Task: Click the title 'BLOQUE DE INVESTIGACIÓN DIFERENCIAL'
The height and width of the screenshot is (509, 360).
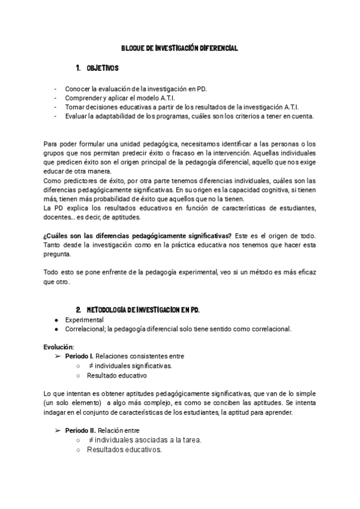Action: [179, 48]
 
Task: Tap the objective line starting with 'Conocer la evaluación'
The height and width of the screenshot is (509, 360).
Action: [136, 89]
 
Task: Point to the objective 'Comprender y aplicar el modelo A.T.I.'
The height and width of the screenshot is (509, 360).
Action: [121, 98]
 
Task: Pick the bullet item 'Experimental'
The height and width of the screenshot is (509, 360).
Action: [84, 320]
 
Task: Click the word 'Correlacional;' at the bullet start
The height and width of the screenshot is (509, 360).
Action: [85, 329]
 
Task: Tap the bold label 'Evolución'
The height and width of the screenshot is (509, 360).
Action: [58, 347]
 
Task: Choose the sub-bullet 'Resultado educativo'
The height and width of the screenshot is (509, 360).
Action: [116, 375]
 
